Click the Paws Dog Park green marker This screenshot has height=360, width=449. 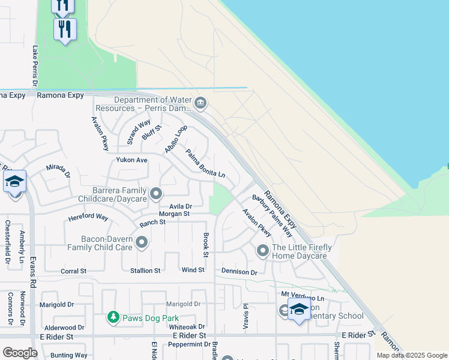[113, 316]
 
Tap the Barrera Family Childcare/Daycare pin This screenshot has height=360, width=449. [157, 193]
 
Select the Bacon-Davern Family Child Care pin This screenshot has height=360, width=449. [142, 242]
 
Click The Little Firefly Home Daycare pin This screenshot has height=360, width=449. [263, 250]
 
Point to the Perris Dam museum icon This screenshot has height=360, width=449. [201, 104]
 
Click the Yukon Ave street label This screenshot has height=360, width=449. [131, 160]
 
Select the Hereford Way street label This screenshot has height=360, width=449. [88, 217]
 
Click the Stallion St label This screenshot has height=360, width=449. [145, 271]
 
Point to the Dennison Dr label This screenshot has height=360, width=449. [239, 272]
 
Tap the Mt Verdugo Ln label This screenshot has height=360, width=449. [303, 298]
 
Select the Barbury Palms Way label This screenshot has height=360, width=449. [273, 215]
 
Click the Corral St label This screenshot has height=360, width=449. [73, 271]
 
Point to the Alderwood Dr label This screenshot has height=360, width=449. [61, 328]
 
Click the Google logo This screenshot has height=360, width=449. [20, 353]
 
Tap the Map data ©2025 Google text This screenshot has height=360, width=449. [411, 355]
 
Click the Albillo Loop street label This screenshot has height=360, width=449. [176, 139]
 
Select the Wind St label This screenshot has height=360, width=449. [193, 270]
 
